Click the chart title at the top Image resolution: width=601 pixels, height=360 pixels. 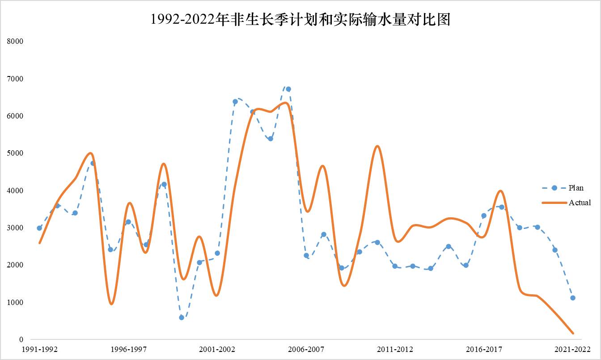(x=300, y=20)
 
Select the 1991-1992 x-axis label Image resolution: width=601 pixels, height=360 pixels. (x=40, y=349)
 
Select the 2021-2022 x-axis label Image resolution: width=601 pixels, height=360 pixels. (x=573, y=349)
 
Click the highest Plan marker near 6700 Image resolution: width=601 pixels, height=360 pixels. (x=288, y=89)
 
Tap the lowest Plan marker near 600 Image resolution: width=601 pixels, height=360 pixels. (x=182, y=318)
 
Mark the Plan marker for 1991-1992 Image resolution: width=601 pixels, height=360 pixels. (x=39, y=228)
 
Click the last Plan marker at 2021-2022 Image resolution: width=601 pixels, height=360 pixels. (x=573, y=298)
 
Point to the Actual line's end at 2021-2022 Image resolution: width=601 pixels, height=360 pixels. (x=573, y=333)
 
